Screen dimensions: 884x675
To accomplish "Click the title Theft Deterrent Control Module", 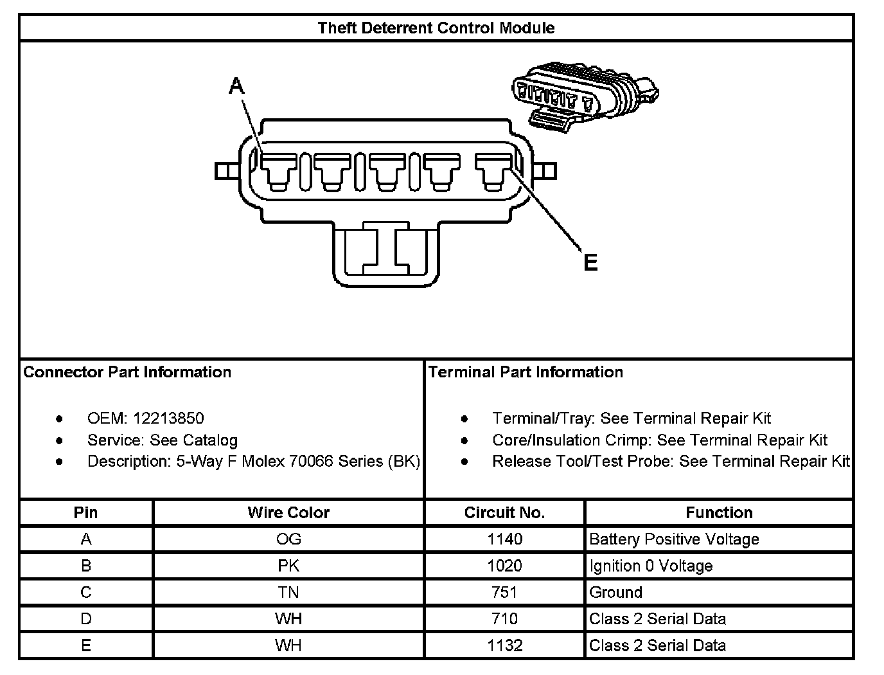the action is [x=436, y=28].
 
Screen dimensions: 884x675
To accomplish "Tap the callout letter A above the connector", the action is [x=236, y=86].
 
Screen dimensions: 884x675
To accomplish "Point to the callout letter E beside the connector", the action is [x=590, y=262].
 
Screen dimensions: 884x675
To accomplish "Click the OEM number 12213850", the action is [x=168, y=419].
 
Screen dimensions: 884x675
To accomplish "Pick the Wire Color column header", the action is [x=288, y=512].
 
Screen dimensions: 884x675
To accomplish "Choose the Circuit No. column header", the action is [x=504, y=512].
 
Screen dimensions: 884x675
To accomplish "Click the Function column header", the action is [x=720, y=512].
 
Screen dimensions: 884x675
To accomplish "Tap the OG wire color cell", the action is [x=288, y=539].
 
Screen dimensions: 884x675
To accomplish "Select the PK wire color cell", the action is [x=288, y=566].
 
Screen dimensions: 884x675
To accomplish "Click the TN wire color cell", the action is [x=288, y=592].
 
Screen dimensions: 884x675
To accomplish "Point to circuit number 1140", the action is [x=504, y=539].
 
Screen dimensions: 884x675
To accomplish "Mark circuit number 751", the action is [x=504, y=592].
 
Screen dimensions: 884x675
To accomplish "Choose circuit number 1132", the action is [x=504, y=645].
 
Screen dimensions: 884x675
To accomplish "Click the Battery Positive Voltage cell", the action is [x=674, y=539].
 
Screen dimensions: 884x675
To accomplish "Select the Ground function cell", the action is [x=615, y=592].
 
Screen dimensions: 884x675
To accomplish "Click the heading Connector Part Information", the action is [x=127, y=372].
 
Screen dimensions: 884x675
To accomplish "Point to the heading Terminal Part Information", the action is [x=526, y=372].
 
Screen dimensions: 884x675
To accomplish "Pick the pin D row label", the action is [x=86, y=619].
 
